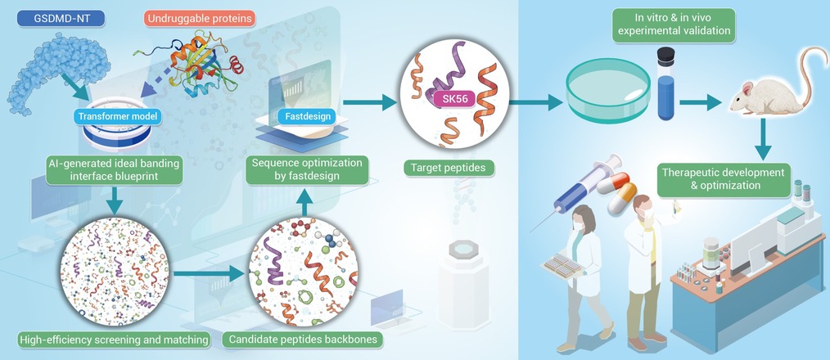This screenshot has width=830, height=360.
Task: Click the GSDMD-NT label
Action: (61, 19)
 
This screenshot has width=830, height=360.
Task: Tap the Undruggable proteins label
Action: (201, 19)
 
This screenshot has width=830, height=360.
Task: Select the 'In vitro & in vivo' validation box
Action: (674, 25)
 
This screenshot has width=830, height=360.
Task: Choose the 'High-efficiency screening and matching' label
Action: (114, 340)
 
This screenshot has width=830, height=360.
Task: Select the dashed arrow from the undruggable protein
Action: (157, 81)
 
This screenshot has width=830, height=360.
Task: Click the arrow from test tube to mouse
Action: (701, 102)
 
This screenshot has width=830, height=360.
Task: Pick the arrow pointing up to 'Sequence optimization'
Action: (304, 202)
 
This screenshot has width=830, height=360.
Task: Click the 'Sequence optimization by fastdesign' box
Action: (307, 170)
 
